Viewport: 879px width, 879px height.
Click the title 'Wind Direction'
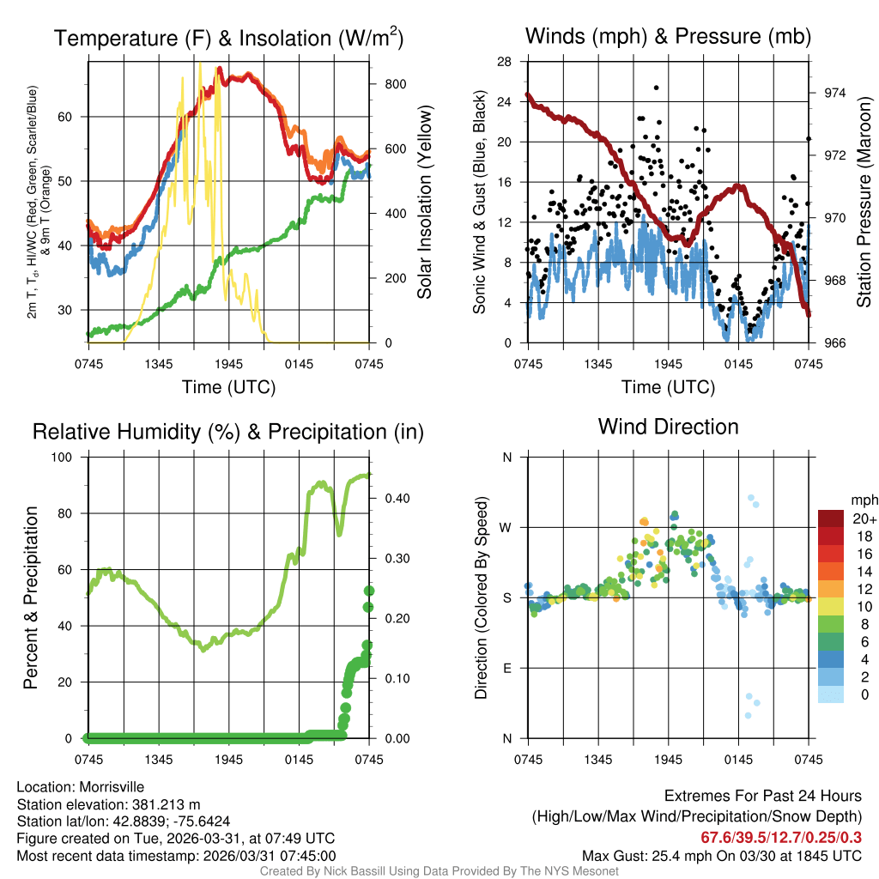click(x=668, y=427)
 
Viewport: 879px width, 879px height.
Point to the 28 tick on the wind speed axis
click(x=505, y=61)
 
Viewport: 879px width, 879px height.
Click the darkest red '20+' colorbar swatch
click(x=830, y=518)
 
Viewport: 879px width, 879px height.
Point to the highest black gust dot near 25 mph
click(x=656, y=88)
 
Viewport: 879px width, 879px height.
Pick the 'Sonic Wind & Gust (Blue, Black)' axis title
click(x=481, y=202)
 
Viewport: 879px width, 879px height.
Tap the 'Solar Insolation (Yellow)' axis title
click(x=424, y=202)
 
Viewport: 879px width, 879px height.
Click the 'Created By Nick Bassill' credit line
click(x=439, y=871)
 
